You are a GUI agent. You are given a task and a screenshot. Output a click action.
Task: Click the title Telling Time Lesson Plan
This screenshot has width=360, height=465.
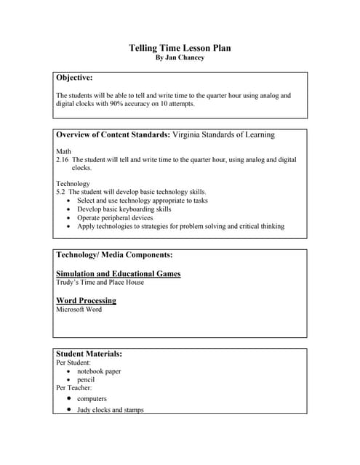point(180,48)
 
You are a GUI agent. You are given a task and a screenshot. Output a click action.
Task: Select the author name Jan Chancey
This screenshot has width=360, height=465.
point(185,58)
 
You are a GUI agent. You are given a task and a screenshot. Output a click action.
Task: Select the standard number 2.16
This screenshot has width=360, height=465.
point(63,159)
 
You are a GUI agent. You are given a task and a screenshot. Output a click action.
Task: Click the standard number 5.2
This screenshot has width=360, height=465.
point(61,192)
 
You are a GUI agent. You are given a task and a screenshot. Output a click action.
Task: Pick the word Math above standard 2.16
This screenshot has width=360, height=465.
point(63,151)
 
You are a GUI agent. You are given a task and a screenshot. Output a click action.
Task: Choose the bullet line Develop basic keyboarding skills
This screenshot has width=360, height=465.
point(124,209)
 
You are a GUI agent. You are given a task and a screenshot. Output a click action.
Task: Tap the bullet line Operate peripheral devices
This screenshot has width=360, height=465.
point(115,217)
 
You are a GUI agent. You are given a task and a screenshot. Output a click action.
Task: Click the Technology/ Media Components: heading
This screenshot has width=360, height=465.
point(114,255)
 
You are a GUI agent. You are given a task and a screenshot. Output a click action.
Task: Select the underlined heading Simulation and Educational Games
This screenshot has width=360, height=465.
point(118,273)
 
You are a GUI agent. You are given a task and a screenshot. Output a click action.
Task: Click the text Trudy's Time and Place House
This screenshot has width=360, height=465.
point(100,282)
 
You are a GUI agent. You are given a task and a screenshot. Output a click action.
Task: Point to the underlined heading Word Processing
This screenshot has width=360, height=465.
point(86,300)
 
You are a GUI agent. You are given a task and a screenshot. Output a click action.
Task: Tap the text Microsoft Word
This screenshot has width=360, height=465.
point(79,309)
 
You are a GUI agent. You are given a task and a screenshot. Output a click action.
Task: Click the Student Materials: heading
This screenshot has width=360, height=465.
point(89,354)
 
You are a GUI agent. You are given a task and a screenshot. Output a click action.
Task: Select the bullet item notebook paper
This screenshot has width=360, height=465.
point(99,371)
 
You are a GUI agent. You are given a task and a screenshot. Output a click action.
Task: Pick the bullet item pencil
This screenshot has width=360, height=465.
point(87,380)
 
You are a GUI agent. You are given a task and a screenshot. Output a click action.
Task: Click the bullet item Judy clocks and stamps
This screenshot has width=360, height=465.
point(110,410)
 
